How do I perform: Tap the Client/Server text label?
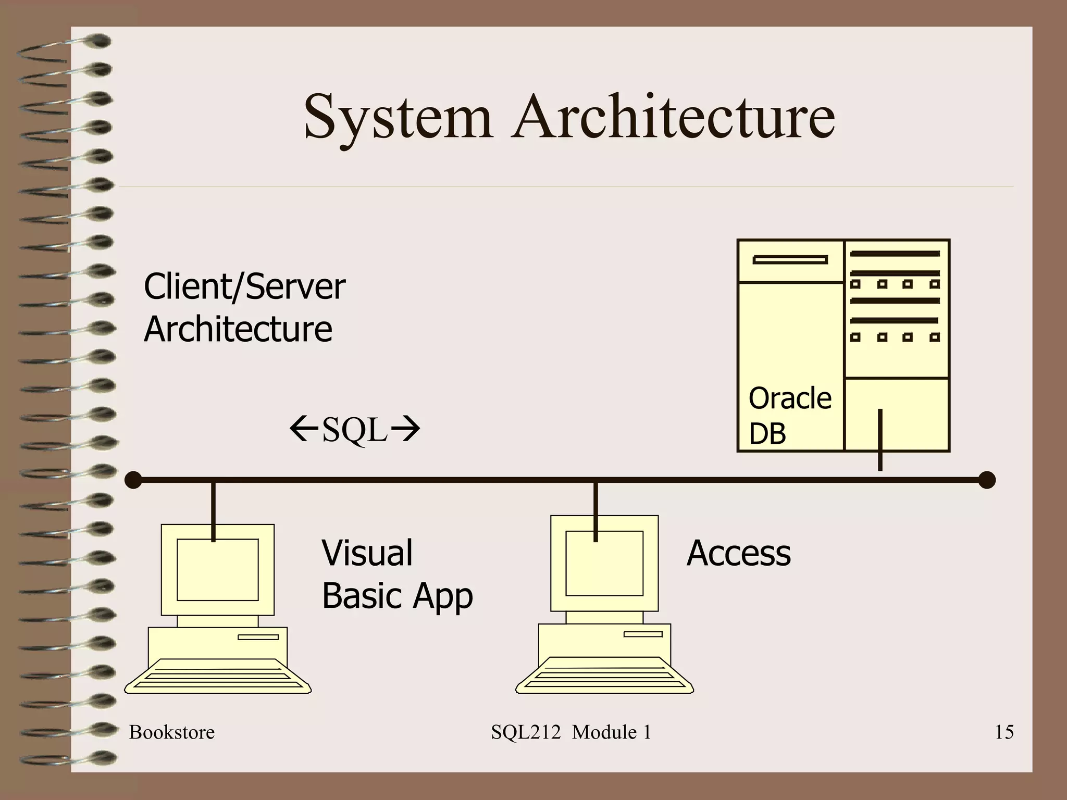[x=244, y=287]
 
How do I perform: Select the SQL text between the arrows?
[x=355, y=430]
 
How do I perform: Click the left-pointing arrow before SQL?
[x=304, y=429]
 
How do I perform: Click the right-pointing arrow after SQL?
[x=405, y=429]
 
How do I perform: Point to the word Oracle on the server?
[x=790, y=399]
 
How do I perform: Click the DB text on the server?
[x=767, y=433]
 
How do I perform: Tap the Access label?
[x=738, y=553]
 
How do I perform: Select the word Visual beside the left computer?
[x=367, y=553]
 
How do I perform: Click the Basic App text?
[x=397, y=596]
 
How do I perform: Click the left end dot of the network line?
[x=134, y=480]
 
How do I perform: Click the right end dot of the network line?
[x=987, y=480]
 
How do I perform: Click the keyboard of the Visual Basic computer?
[x=218, y=677]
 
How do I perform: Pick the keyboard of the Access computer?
[x=604, y=676]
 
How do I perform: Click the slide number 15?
[x=1004, y=732]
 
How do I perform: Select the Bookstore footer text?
[x=172, y=732]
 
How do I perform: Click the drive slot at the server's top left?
[x=790, y=259]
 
